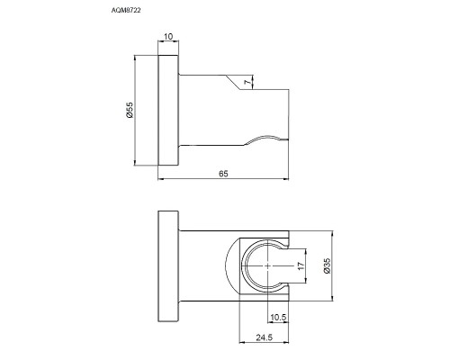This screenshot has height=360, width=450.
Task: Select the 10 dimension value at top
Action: (169, 38)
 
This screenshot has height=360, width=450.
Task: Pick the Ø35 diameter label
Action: (328, 269)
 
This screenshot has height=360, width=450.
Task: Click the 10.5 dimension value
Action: (278, 318)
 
